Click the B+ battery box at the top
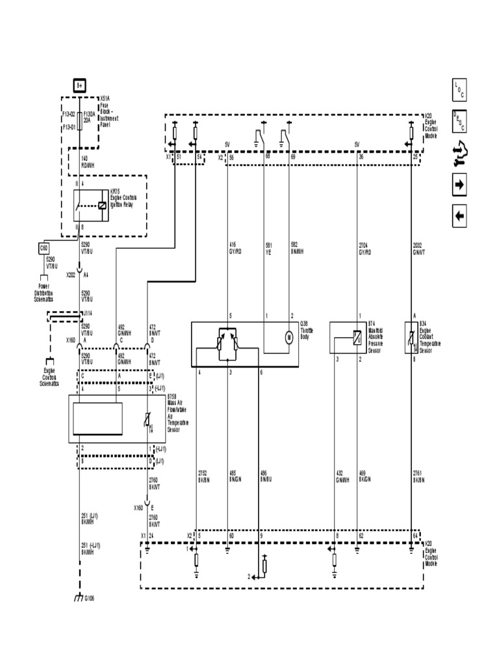(x=79, y=84)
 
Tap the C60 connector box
(x=44, y=247)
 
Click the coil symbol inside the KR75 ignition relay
(x=102, y=206)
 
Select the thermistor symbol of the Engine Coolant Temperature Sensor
(x=410, y=338)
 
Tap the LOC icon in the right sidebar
(x=459, y=89)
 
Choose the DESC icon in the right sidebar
(x=459, y=121)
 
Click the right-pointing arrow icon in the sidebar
(x=459, y=185)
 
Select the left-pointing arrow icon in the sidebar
(x=459, y=216)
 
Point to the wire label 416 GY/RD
(x=235, y=248)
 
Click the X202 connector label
(x=70, y=275)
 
